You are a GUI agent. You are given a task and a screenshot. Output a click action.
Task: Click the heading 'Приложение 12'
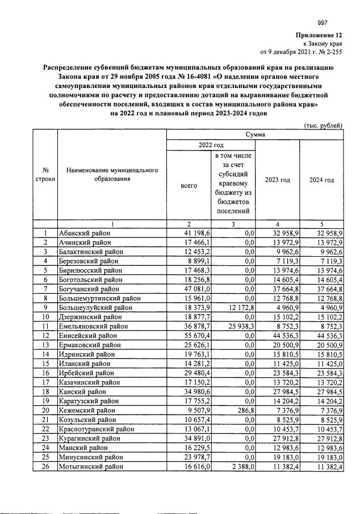point(319,35)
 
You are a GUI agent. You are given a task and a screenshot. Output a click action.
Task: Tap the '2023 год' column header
point(278,180)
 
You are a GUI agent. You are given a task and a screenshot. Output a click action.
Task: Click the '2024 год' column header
point(321,180)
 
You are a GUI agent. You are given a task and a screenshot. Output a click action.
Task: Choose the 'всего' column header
point(189,185)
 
